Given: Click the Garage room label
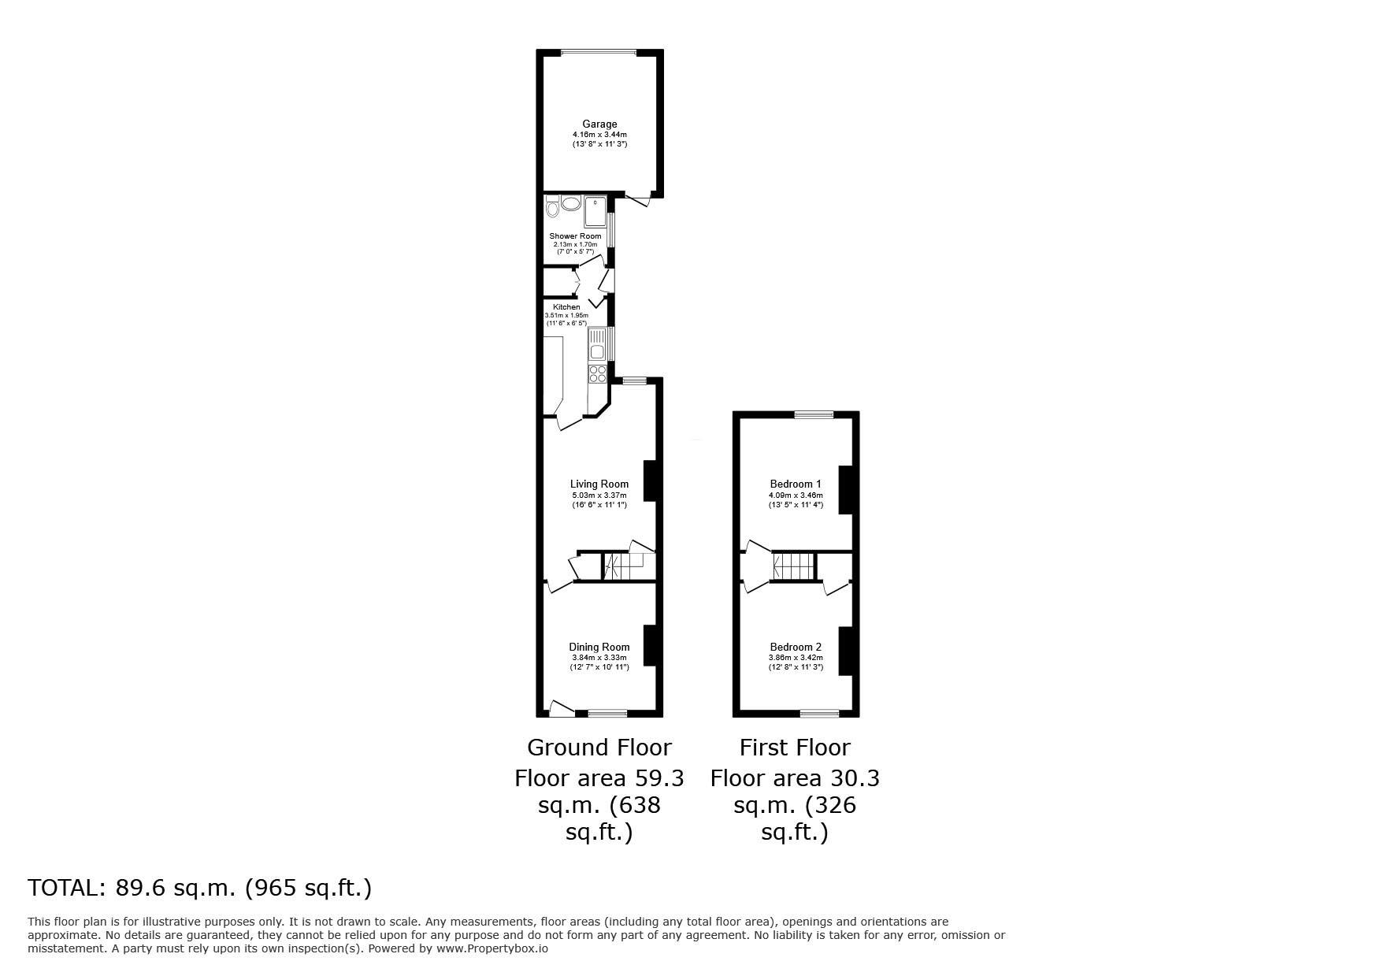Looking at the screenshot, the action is point(599,124).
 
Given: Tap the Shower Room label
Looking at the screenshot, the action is point(575,236).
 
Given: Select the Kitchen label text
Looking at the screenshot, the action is point(566,307).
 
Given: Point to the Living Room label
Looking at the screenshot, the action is point(599,484).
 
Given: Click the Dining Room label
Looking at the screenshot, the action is point(599,648).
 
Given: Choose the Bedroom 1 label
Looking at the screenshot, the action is point(796,484).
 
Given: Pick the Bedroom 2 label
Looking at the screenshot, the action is point(796,648).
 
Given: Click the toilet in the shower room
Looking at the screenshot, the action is point(551,208).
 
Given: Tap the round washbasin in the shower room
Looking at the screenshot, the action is point(570,203).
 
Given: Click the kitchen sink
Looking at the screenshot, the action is point(597,346).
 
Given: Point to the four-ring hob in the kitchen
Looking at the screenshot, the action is point(597,373).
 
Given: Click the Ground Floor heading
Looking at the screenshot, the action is point(599,747).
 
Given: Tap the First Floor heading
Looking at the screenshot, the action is point(795,747).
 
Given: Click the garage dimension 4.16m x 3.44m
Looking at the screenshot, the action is point(599,135).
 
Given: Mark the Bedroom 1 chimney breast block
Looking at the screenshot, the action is point(845,490).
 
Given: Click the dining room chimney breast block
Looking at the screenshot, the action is point(650,644).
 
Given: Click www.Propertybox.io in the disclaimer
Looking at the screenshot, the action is point(492,948).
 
